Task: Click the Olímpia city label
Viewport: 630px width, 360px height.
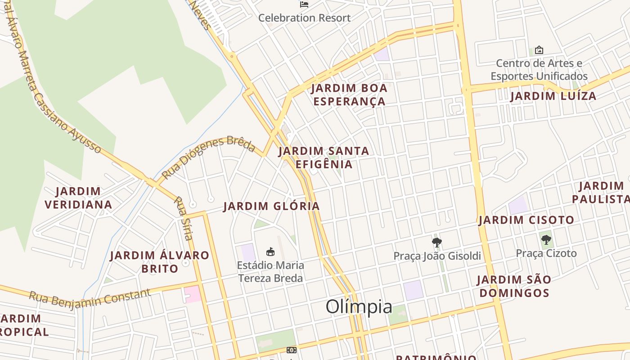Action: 359,307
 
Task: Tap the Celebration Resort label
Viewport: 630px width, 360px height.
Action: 304,18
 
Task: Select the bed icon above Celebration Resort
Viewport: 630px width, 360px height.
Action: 304,4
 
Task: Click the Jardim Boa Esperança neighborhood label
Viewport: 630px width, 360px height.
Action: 349,94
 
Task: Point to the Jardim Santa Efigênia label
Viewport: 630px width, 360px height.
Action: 324,157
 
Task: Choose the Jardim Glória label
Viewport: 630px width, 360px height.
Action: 271,206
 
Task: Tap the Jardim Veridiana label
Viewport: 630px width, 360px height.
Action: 78,198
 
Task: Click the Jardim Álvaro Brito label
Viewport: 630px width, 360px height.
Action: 160,262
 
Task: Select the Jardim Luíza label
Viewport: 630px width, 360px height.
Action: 553,96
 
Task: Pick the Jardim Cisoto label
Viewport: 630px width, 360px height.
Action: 526,220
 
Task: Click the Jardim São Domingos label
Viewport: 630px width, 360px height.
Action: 514,286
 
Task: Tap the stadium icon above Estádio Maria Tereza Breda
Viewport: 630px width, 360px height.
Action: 270,252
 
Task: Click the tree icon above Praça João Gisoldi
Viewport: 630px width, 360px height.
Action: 436,243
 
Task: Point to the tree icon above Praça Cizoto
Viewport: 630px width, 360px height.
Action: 546,239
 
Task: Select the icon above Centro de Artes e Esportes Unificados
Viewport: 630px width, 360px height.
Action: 539,50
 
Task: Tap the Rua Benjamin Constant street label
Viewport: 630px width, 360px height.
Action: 90,297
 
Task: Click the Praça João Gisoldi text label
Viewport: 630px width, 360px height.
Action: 437,256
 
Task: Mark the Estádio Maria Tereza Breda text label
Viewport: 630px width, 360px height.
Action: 270,272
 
